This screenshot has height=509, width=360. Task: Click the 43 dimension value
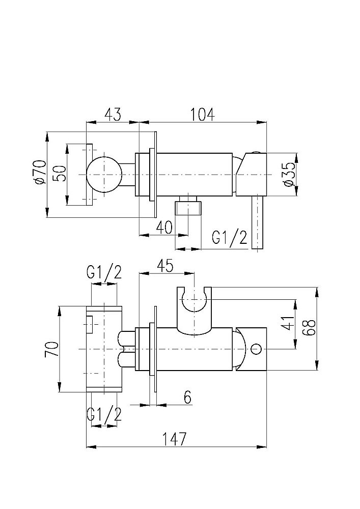(113, 115)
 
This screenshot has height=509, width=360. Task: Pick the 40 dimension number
(164, 227)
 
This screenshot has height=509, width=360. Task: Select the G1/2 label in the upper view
(230, 238)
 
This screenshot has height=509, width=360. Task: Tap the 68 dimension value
(308, 324)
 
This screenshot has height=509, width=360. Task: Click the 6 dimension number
(187, 397)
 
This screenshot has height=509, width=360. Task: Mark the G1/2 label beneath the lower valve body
(104, 415)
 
